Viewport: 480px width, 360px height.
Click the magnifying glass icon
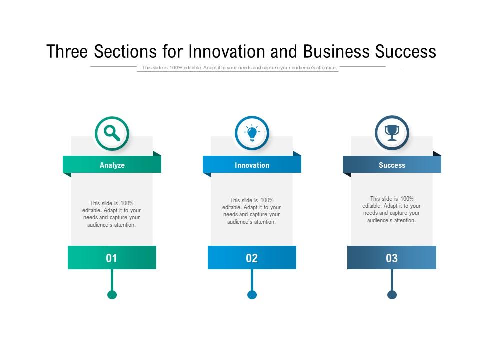click(x=112, y=133)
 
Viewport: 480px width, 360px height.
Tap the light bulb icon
click(x=252, y=133)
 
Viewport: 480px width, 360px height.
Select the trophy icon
click(x=392, y=133)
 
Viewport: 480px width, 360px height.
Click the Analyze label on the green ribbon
click(x=112, y=165)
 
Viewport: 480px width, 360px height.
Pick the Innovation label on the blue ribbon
click(x=252, y=165)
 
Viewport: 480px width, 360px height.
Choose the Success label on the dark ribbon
click(x=392, y=165)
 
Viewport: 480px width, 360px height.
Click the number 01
click(x=112, y=258)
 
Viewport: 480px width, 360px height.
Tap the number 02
click(x=252, y=258)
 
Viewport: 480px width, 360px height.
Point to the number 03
click(x=392, y=258)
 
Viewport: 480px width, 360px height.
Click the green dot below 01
click(x=112, y=295)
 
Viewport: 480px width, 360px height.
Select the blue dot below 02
click(x=252, y=295)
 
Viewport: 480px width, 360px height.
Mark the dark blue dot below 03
click(x=392, y=295)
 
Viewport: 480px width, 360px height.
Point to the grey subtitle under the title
click(x=239, y=68)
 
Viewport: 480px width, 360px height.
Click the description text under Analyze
click(x=112, y=214)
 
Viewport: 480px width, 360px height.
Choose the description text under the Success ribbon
click(x=392, y=209)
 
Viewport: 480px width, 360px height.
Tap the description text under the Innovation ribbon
click(x=252, y=211)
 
